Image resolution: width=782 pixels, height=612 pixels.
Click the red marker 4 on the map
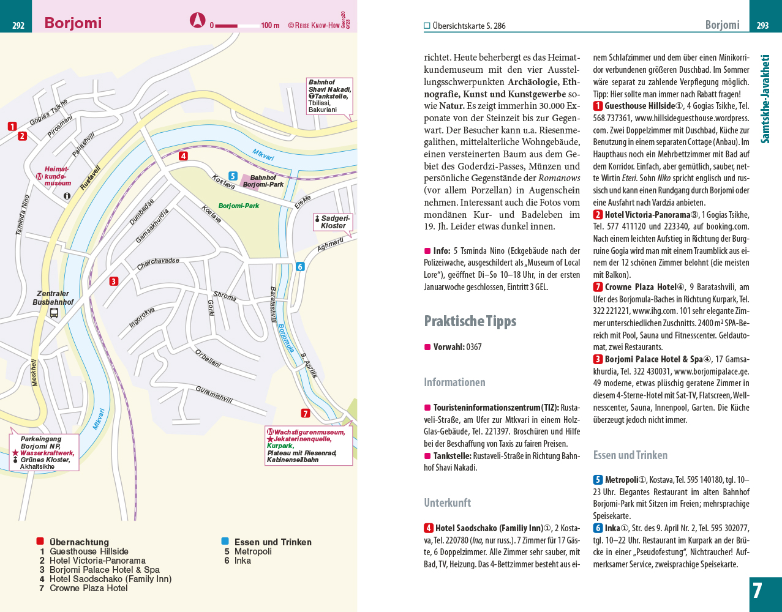[x=183, y=156]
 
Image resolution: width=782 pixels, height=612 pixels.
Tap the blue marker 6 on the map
[x=300, y=266]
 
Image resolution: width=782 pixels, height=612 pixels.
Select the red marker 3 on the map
[x=114, y=282]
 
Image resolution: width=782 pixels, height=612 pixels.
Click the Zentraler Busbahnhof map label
[x=53, y=298]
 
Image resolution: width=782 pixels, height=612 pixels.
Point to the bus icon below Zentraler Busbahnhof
[x=54, y=313]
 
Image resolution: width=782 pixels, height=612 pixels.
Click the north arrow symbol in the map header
[x=197, y=21]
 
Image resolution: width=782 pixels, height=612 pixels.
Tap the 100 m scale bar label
[x=270, y=26]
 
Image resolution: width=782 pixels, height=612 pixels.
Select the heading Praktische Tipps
[x=470, y=321]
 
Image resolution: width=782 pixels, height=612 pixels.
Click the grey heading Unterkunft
[x=447, y=503]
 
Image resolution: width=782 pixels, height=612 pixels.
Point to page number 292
[x=18, y=26]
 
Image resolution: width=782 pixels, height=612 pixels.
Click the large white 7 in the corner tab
[x=758, y=591]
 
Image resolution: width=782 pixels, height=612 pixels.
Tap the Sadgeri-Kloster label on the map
[x=335, y=222]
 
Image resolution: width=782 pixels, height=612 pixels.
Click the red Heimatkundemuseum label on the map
[x=58, y=176]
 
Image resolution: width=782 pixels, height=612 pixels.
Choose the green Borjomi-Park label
[x=239, y=206]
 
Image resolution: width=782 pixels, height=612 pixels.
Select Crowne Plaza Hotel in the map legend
[x=88, y=588]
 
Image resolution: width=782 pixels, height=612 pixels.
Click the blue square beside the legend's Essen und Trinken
[x=225, y=542]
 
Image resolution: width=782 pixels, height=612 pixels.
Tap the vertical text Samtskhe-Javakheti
[x=765, y=99]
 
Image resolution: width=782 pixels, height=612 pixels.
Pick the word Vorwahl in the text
[x=448, y=347]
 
